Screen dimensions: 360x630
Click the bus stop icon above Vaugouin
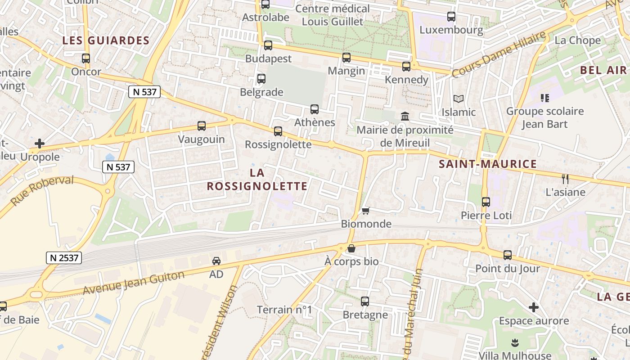(202, 126)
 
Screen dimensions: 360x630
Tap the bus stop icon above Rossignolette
(278, 131)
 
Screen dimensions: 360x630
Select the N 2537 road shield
(63, 258)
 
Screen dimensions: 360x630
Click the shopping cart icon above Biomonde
(366, 211)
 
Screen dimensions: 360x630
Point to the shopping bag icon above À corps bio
(351, 248)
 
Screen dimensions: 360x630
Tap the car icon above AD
(216, 261)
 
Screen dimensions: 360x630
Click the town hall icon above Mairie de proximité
(405, 117)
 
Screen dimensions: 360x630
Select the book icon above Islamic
(459, 99)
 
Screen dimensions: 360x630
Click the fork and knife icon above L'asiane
(565, 179)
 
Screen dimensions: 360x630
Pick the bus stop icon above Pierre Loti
(486, 202)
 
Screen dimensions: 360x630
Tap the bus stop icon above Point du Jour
(508, 255)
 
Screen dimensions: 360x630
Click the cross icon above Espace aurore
(534, 307)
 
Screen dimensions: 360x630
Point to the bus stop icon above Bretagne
(365, 301)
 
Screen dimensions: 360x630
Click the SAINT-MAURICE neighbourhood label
(488, 164)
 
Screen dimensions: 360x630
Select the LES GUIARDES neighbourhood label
(106, 40)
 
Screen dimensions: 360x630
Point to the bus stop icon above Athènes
(315, 109)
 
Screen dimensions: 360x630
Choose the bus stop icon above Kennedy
(406, 67)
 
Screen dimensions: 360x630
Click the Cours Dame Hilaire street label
(499, 54)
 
